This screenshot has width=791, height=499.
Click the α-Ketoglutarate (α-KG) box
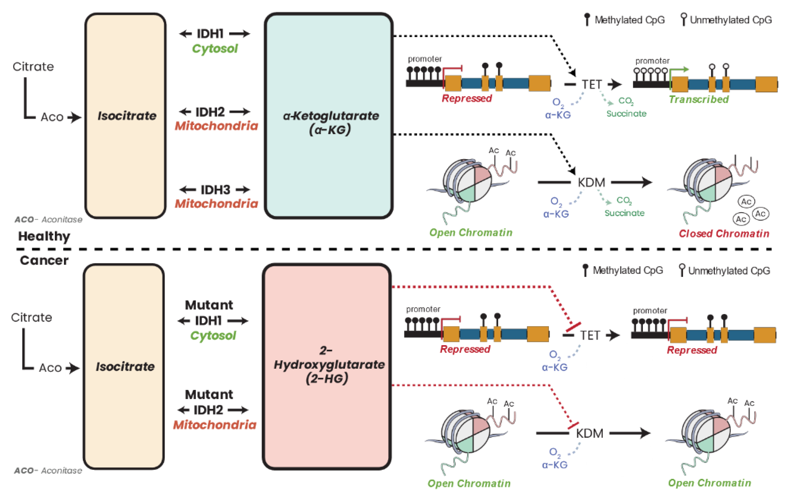(x=328, y=116)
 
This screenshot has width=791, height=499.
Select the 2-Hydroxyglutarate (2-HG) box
(x=327, y=367)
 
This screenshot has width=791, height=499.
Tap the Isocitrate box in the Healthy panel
(x=126, y=116)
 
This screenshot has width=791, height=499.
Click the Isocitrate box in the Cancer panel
(x=124, y=367)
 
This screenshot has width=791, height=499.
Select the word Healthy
(x=44, y=236)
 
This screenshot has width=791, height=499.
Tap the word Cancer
(x=44, y=260)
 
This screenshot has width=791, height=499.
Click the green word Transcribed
(x=699, y=99)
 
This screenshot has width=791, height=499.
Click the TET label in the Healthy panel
(x=592, y=85)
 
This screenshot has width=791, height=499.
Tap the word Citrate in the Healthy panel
(x=33, y=67)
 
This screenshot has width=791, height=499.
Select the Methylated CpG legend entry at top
(x=624, y=20)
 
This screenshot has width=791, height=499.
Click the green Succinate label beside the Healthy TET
(x=626, y=114)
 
